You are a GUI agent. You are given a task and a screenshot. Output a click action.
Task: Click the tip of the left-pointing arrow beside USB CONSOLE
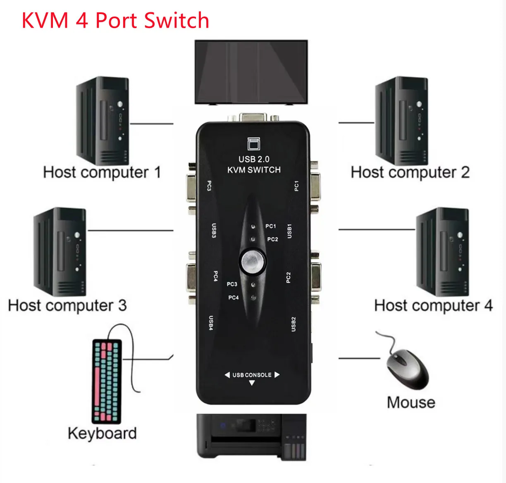(x=225, y=375)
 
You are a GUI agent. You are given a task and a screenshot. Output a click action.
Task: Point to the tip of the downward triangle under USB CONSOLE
(x=252, y=385)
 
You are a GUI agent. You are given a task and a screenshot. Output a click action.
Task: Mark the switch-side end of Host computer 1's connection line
(x=173, y=124)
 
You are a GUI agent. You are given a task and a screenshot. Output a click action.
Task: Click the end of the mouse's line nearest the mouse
(x=379, y=358)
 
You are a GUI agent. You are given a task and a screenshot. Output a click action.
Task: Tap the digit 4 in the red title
(x=82, y=20)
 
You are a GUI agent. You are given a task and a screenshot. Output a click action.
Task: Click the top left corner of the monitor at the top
(x=195, y=40)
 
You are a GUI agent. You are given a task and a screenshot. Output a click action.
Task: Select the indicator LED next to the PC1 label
(x=253, y=226)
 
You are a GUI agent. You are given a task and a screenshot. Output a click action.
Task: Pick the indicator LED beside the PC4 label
(x=253, y=298)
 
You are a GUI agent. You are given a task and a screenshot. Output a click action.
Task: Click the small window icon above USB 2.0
(x=253, y=144)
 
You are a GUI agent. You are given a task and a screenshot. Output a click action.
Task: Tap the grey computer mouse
(x=407, y=369)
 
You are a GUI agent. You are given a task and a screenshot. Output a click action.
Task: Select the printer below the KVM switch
(x=251, y=437)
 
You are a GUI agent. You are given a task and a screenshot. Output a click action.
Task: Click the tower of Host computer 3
(x=60, y=252)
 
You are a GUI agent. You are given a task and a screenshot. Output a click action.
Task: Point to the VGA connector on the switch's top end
(x=253, y=117)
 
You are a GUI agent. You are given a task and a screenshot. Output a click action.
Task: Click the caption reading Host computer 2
(x=410, y=173)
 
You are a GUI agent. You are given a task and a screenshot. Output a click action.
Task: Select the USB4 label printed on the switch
(x=211, y=323)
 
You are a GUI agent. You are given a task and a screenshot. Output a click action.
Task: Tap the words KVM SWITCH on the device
(x=254, y=170)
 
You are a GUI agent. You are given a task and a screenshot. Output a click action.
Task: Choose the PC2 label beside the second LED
(x=272, y=239)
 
